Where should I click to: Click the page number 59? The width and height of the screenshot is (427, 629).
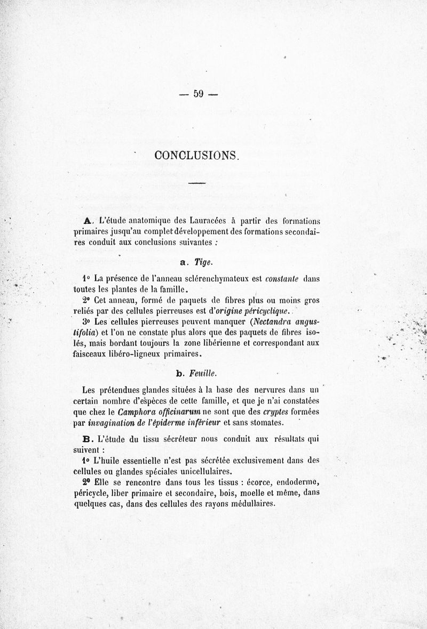(x=199, y=94)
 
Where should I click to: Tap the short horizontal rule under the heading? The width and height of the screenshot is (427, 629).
(x=196, y=184)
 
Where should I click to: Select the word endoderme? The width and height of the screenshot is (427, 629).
(x=296, y=482)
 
